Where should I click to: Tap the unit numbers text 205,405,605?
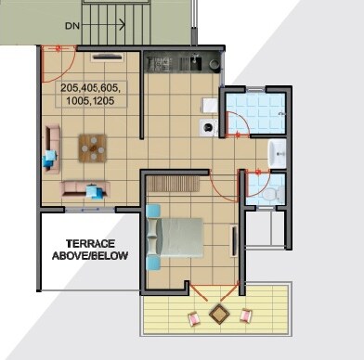click(91, 87)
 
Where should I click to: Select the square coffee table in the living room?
click(92, 148)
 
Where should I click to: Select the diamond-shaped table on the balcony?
click(219, 315)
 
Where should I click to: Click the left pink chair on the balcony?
click(194, 318)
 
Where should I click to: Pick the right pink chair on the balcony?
click(245, 315)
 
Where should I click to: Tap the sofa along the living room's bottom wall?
click(85, 190)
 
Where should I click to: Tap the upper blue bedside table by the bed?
click(154, 211)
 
